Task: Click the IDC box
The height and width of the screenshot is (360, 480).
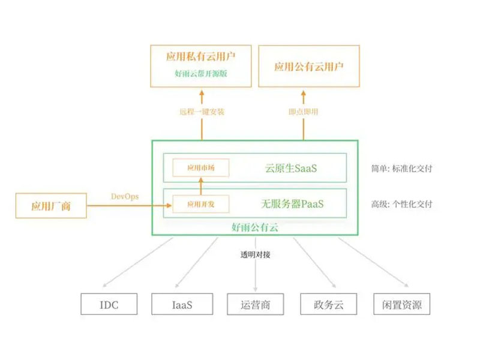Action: tap(109, 304)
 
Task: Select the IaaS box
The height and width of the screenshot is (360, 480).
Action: tap(181, 304)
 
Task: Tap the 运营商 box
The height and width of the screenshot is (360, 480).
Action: tap(256, 304)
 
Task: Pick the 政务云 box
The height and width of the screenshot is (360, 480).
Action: tap(328, 304)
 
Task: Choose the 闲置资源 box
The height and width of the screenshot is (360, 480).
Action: tap(401, 304)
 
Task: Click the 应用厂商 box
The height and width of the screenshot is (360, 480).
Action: tap(51, 206)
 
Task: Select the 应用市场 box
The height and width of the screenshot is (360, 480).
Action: tap(200, 168)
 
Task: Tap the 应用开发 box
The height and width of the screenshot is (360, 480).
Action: tap(200, 205)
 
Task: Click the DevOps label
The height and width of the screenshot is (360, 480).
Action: tap(126, 196)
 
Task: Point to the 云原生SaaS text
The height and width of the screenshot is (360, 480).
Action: tap(291, 168)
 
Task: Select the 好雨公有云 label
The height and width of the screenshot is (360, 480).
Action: tap(255, 227)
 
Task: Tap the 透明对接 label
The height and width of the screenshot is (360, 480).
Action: tap(256, 254)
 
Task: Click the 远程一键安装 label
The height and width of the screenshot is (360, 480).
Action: tap(202, 112)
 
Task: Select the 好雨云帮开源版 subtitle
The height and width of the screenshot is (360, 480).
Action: tap(202, 74)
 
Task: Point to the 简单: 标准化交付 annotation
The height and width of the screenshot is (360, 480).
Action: tap(401, 169)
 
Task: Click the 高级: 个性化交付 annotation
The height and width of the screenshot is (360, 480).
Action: tap(401, 204)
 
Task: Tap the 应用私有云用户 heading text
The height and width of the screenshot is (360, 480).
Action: tap(202, 58)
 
